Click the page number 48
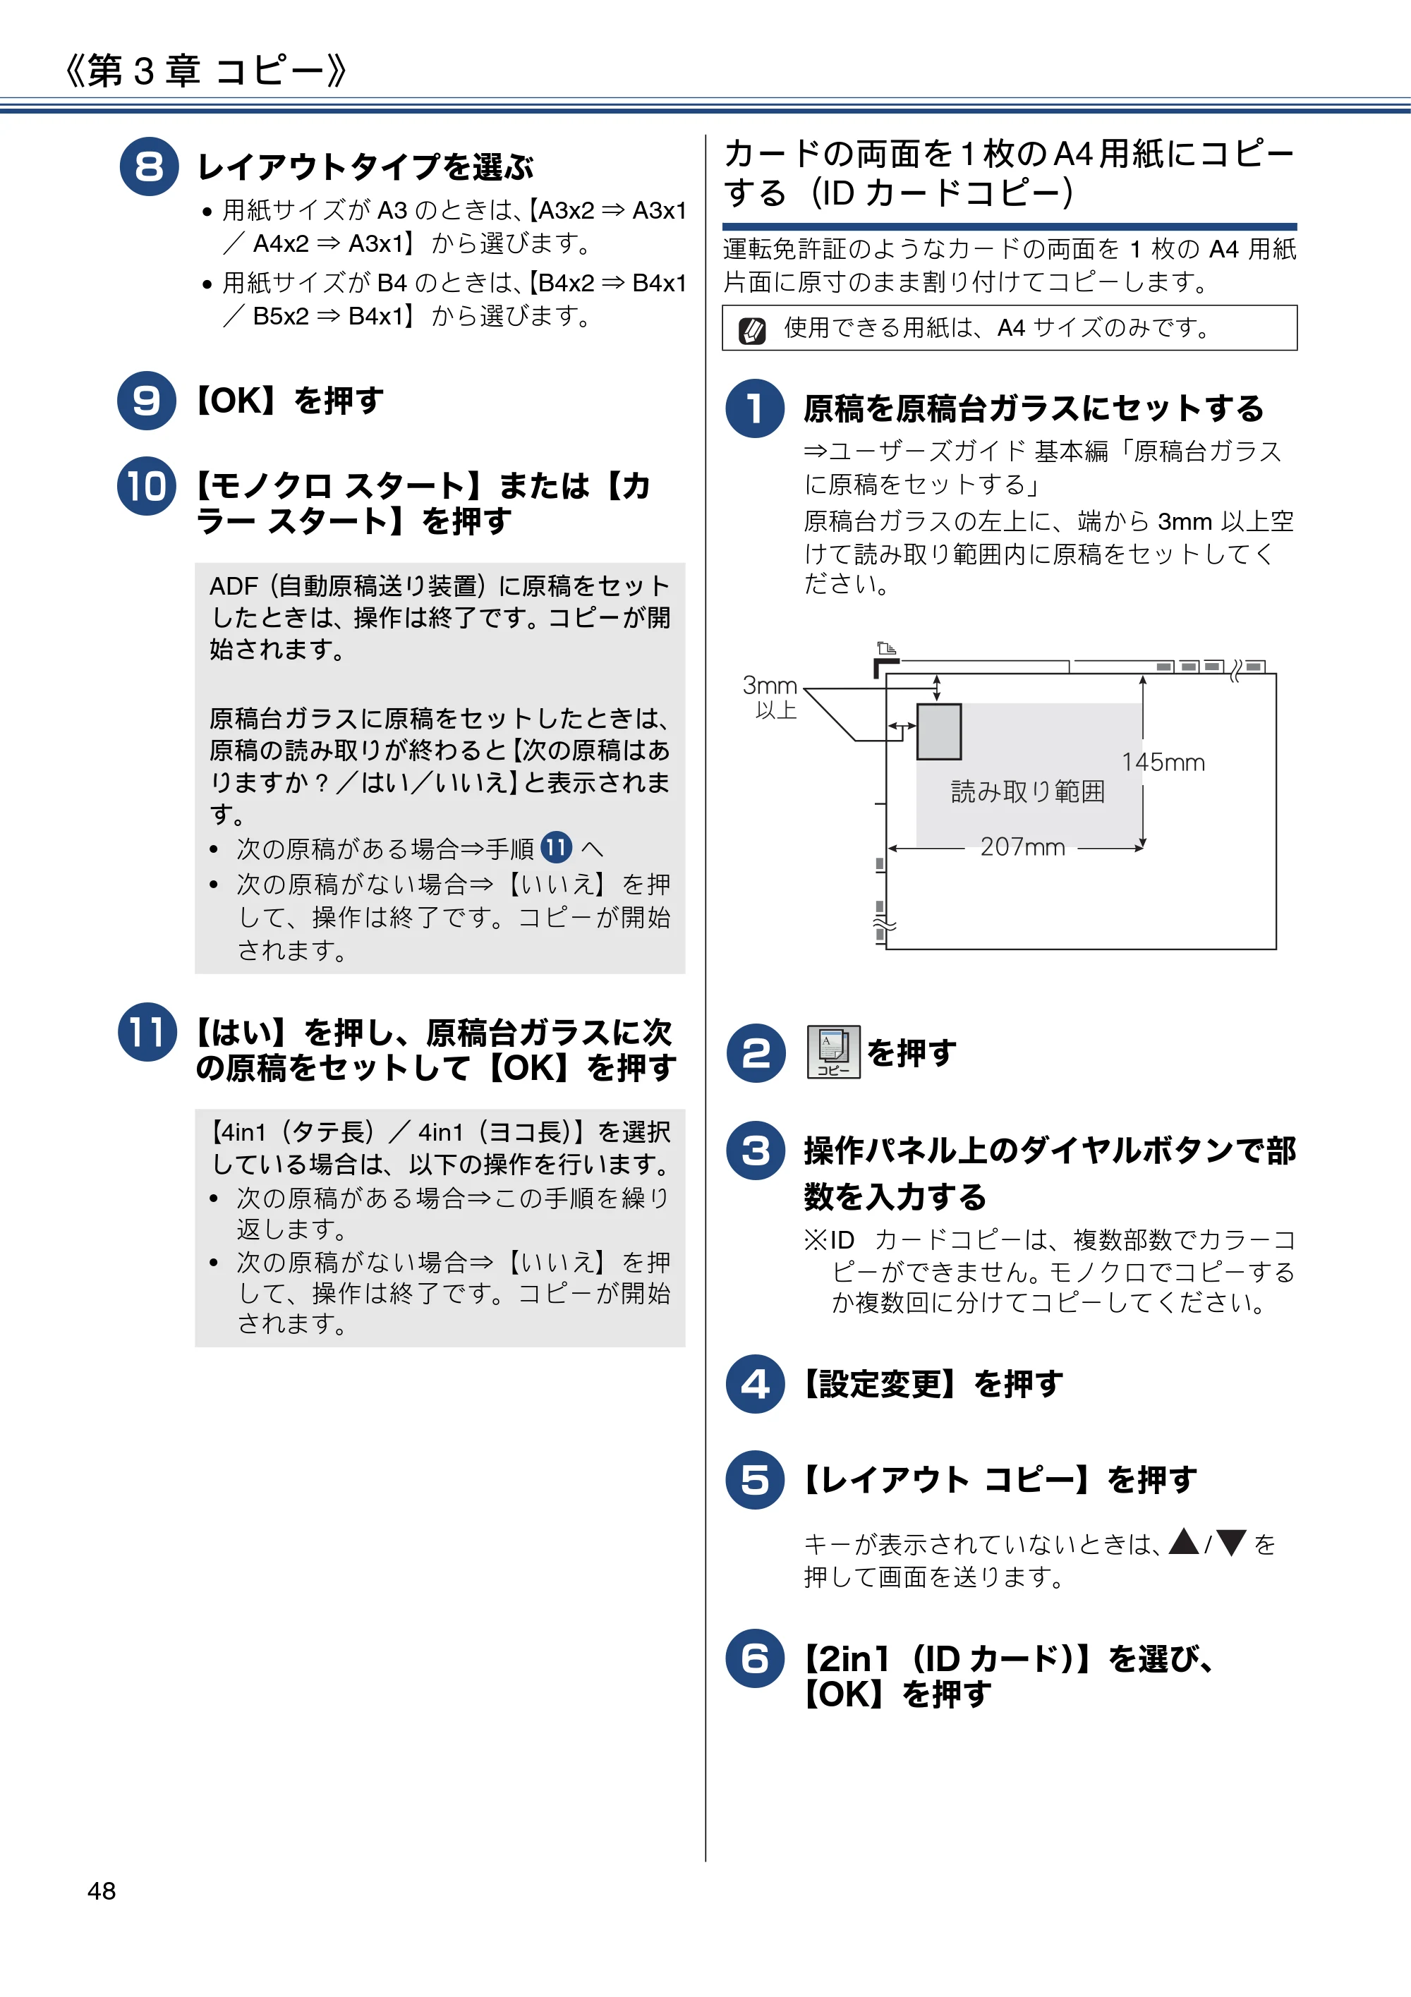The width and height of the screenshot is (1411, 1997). click(x=101, y=1891)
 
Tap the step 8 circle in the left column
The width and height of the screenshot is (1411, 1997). click(x=149, y=166)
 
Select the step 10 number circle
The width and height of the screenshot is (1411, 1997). click(x=147, y=486)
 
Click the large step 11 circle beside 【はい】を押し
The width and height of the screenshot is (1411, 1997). click(x=147, y=1033)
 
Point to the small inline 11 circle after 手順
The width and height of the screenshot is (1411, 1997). click(x=557, y=847)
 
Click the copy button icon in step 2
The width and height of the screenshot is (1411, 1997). click(x=833, y=1052)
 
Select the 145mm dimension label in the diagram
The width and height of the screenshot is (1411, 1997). click(x=1163, y=763)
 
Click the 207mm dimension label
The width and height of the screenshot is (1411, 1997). click(x=1022, y=847)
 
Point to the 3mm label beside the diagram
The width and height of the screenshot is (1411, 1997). click(x=770, y=686)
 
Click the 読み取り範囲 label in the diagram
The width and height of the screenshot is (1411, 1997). click(x=1028, y=791)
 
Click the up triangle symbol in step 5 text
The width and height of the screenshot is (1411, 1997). click(x=1184, y=1542)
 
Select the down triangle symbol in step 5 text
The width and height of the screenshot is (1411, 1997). click(x=1232, y=1542)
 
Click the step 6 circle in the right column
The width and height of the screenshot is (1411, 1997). click(x=755, y=1658)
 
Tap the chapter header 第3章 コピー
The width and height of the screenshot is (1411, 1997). click(x=205, y=71)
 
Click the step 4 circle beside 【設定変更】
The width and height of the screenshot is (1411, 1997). click(x=755, y=1384)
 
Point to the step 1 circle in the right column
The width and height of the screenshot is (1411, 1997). click(x=755, y=408)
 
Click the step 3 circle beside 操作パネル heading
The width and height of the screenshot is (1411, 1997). click(x=755, y=1151)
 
